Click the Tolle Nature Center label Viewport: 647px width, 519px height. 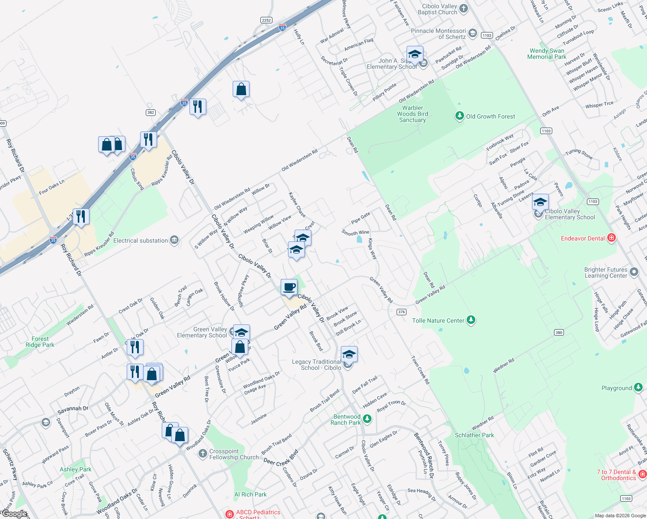click(438, 320)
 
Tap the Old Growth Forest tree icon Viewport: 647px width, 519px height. click(460, 116)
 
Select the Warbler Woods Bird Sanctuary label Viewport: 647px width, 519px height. click(413, 114)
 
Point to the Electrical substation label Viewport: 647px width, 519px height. click(141, 240)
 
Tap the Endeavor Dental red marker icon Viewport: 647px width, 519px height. click(612, 238)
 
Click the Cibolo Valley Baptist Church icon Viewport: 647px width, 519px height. click(464, 9)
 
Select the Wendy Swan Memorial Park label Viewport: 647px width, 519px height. click(547, 54)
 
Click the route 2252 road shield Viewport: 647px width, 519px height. click(266, 20)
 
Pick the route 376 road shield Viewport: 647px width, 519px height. click(401, 312)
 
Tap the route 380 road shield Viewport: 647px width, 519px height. click(558, 332)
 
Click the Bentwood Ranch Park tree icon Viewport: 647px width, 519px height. click(367, 419)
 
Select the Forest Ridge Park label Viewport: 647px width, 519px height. click(40, 342)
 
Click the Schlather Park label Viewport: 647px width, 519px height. click(474, 435)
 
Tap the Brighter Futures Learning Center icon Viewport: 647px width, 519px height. click(634, 272)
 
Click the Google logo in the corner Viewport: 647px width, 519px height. click(14, 514)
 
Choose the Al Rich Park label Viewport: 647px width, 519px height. click(250, 494)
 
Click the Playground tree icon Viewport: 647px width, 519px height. click(638, 388)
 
